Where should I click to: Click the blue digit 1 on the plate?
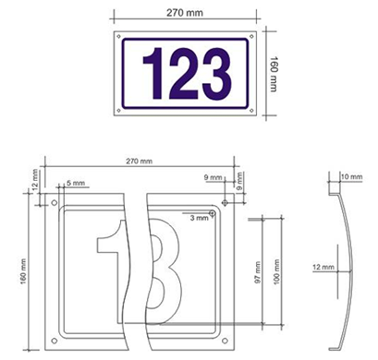pyautogui.click(x=155, y=74)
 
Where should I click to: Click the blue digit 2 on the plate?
pyautogui.click(x=184, y=74)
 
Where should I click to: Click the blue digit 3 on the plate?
pyautogui.click(x=216, y=74)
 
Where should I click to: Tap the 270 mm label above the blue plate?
pyautogui.click(x=185, y=13)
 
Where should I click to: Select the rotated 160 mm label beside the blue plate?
pyautogui.click(x=274, y=74)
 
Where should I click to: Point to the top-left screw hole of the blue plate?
pyautogui.click(x=119, y=36)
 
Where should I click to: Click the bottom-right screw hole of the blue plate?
pyautogui.click(x=251, y=110)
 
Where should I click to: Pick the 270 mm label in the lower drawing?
pyautogui.click(x=139, y=161)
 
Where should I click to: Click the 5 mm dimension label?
pyautogui.click(x=76, y=183)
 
